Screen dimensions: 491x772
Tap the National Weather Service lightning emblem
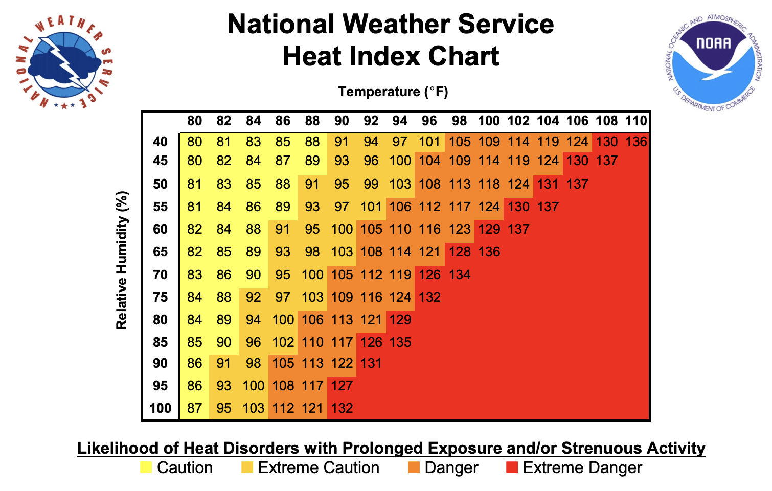(x=64, y=62)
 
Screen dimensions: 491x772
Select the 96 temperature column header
(x=429, y=121)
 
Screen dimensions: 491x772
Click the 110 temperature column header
(x=636, y=121)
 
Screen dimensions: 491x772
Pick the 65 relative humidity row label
(x=161, y=252)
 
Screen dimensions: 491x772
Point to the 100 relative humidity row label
(x=160, y=408)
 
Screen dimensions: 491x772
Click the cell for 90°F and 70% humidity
(x=342, y=275)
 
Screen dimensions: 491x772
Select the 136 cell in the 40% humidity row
(x=636, y=142)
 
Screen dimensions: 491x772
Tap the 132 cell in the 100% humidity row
(x=342, y=408)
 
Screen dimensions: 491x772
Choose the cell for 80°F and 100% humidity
(x=194, y=408)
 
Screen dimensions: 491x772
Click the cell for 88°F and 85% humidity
(x=312, y=342)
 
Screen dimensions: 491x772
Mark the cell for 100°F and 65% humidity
(x=489, y=252)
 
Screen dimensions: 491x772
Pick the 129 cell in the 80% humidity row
(x=400, y=320)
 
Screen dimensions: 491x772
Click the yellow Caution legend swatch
(x=146, y=467)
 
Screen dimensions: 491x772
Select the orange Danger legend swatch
(x=414, y=467)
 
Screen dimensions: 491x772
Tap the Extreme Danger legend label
(x=582, y=467)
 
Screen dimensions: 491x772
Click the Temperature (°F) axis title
(x=393, y=92)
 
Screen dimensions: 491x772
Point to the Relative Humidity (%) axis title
(x=121, y=260)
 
